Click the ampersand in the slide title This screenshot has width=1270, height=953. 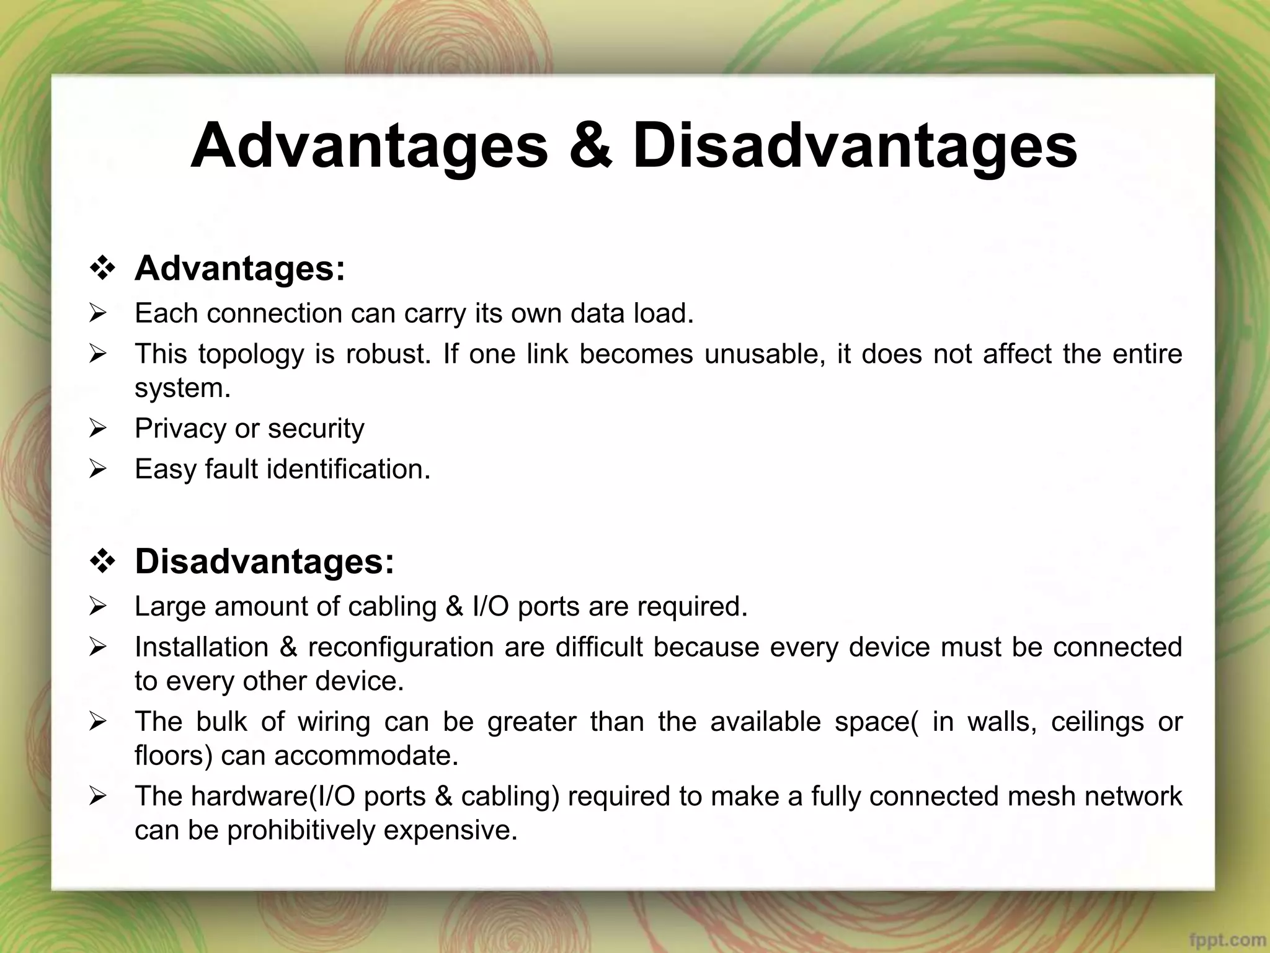pyautogui.click(x=590, y=146)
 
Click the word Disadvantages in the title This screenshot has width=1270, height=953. pyautogui.click(x=855, y=146)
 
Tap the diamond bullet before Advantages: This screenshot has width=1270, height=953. pyautogui.click(x=102, y=269)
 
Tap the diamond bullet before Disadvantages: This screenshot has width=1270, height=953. pyautogui.click(x=102, y=562)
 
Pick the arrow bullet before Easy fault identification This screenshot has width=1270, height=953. pyautogui.click(x=98, y=469)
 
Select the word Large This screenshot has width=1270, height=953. pyautogui.click(x=169, y=607)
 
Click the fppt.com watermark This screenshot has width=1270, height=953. pyautogui.click(x=1230, y=941)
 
